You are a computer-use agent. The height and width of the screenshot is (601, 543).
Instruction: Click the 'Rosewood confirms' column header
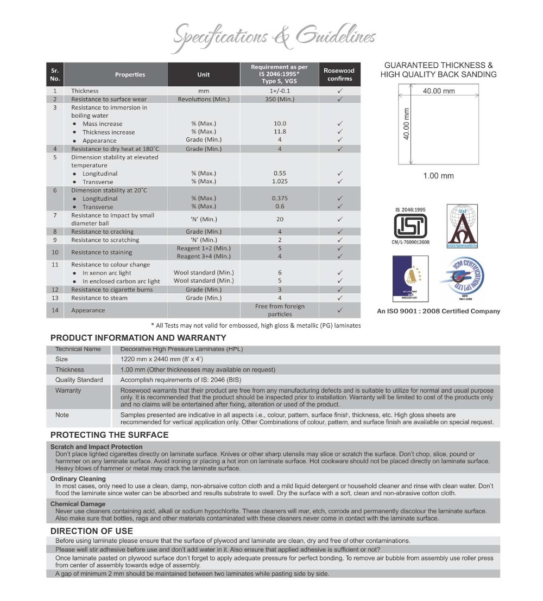(339, 74)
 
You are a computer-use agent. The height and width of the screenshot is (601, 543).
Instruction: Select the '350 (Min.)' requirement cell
(280, 99)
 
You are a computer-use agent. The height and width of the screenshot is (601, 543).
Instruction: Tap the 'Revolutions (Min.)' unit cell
(204, 99)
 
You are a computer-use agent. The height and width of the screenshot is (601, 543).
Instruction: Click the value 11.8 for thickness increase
(280, 132)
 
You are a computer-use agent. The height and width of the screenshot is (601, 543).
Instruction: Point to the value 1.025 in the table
(280, 181)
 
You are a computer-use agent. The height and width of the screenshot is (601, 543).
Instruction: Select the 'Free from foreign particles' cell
(280, 310)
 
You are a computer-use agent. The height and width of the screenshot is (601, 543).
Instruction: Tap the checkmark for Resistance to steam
(339, 298)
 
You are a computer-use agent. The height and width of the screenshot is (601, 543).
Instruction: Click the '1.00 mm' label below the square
(438, 176)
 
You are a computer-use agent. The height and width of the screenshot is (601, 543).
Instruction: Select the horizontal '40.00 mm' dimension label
(439, 91)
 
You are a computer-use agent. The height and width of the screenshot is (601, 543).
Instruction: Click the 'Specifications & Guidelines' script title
(274, 37)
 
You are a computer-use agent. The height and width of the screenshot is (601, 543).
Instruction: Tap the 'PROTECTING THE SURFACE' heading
(109, 434)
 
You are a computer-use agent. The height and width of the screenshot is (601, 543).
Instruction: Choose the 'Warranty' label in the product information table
(68, 390)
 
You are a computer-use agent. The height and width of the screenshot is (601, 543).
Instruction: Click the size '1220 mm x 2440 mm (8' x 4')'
(162, 359)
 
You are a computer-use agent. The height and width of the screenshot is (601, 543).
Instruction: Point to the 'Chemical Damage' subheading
(78, 504)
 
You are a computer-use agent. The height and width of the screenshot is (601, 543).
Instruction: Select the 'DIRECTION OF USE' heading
(91, 531)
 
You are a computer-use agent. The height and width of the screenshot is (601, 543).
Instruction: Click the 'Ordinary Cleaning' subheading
(78, 479)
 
